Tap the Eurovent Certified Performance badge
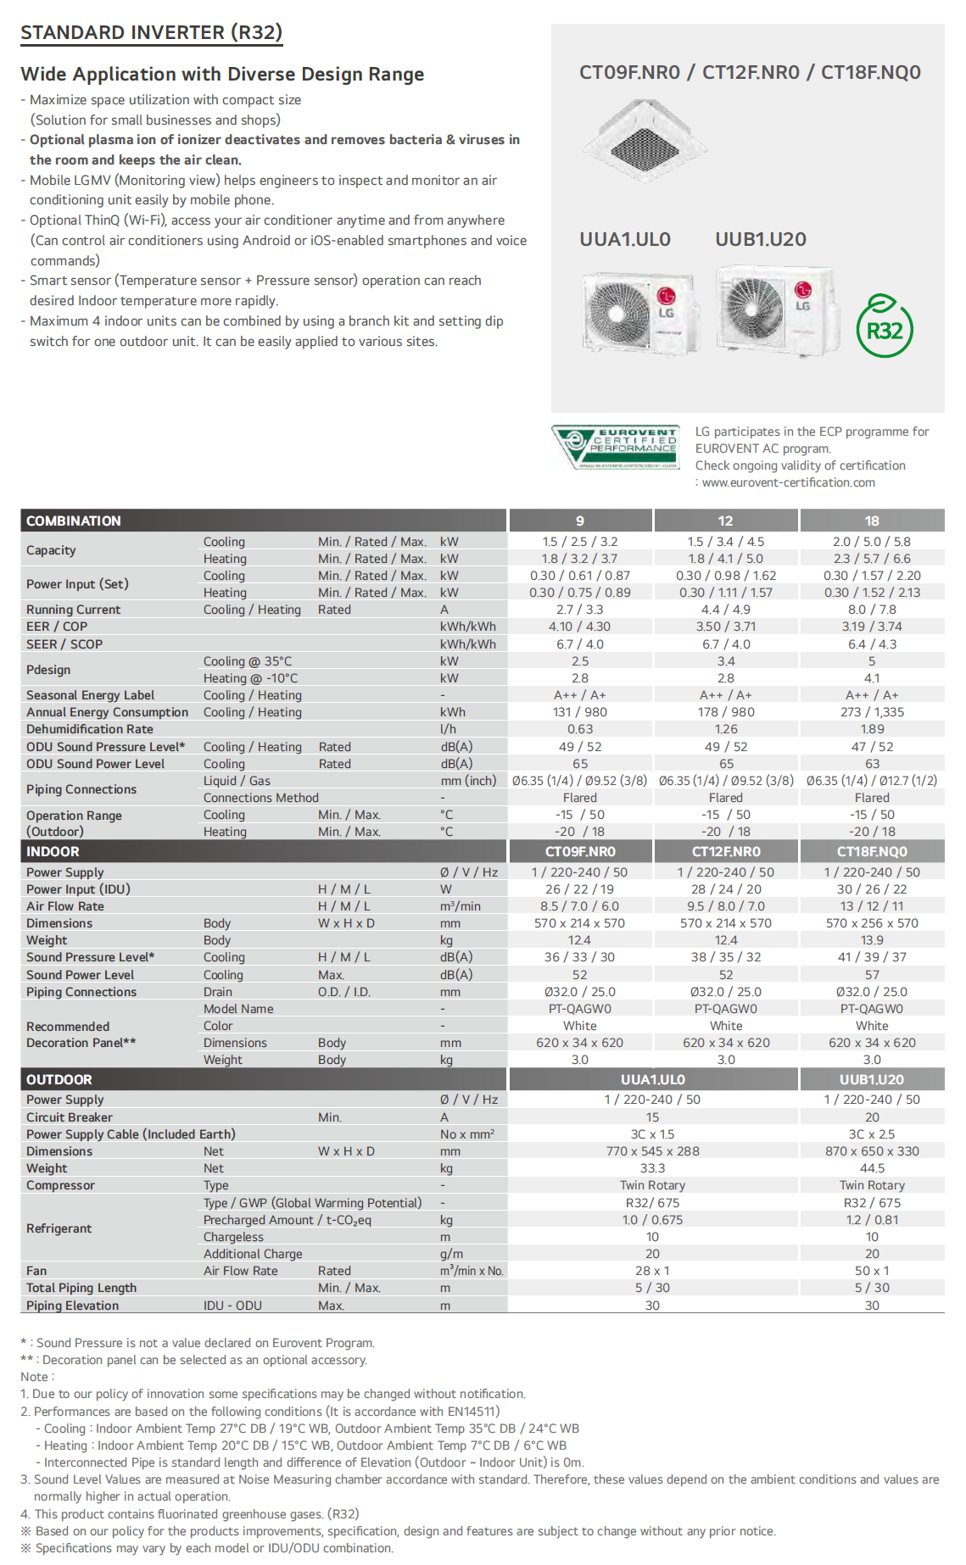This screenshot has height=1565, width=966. point(616,447)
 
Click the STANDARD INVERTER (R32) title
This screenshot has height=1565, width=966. point(151,33)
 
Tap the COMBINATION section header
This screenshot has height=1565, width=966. point(74,521)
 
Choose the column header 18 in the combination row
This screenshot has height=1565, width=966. point(872,521)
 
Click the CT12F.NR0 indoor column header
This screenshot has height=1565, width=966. point(726,851)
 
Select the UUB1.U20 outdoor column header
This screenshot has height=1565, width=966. point(872,1079)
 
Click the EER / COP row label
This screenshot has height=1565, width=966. point(57,627)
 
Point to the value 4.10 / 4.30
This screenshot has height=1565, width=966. point(579,627)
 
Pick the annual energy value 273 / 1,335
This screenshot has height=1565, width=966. point(872,712)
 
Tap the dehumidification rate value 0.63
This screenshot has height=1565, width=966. point(580,729)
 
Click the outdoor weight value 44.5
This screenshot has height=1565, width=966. point(872,1168)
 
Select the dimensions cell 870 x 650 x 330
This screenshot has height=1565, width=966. point(872,1151)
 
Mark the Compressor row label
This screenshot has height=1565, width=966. point(60,1185)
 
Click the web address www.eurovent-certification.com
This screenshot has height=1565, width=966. point(788,482)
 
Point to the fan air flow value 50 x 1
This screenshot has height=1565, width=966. point(872,1271)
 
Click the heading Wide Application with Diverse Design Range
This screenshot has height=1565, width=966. point(222,75)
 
